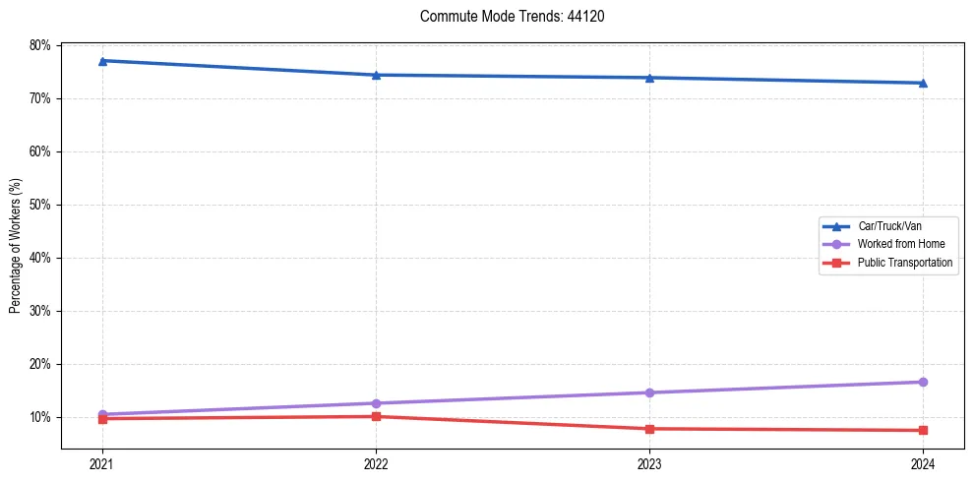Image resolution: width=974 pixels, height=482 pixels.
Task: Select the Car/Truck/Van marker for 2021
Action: (102, 61)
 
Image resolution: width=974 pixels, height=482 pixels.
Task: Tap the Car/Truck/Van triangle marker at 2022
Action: (376, 75)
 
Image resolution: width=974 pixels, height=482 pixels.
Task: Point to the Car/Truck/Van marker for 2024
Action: (923, 83)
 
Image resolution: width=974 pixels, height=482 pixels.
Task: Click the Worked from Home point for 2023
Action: (649, 392)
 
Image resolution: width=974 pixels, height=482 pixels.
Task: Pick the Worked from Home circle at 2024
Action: (923, 382)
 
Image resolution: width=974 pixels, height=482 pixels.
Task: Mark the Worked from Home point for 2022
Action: (376, 403)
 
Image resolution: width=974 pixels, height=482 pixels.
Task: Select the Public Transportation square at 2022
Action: (376, 416)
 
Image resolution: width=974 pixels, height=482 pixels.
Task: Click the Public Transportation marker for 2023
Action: (649, 429)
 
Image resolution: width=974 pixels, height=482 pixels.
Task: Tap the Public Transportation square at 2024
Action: (923, 430)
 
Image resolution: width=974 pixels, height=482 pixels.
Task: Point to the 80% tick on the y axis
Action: (40, 45)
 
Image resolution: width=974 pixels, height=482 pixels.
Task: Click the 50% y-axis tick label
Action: (40, 205)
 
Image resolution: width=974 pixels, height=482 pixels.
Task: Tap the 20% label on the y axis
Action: (40, 364)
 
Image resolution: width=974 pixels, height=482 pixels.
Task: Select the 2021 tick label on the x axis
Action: (102, 463)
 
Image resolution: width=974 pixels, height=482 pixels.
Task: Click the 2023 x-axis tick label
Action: (649, 463)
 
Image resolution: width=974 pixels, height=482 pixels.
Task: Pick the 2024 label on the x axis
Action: (923, 463)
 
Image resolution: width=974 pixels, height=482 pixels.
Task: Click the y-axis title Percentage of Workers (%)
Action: (16, 246)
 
